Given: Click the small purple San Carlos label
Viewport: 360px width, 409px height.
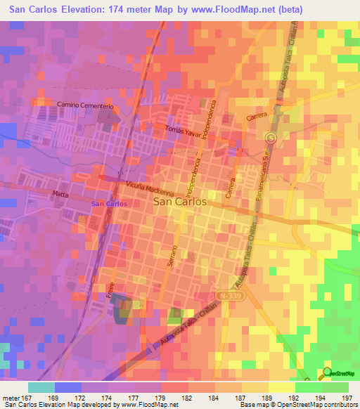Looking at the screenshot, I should [110, 204].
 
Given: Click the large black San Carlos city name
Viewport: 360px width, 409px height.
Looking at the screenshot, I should [180, 201].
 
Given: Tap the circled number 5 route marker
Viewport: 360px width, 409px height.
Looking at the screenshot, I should [270, 137].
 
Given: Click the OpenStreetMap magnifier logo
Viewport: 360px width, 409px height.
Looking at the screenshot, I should [327, 373].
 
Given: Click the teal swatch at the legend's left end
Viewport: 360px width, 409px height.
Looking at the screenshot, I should [41, 387].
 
